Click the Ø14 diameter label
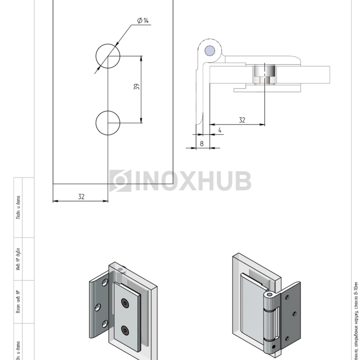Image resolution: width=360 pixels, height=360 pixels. click(x=142, y=21)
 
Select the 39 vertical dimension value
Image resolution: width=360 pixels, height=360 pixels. click(x=136, y=87)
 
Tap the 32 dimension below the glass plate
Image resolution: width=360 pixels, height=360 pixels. click(x=81, y=196)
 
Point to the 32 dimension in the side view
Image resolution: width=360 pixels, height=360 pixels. click(x=242, y=120)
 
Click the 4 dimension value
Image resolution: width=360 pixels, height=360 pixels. click(x=220, y=130)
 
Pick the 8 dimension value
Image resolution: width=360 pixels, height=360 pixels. click(x=201, y=143)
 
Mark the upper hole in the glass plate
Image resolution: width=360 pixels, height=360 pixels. click(x=108, y=56)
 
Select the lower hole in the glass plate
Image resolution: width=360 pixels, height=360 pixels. click(x=108, y=122)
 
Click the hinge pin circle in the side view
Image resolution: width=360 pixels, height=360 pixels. click(x=209, y=50)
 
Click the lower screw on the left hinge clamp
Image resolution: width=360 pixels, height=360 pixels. click(x=125, y=329)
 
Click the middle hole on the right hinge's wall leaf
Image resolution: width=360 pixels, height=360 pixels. click(x=294, y=313)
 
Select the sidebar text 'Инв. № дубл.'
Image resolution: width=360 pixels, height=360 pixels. click(x=17, y=259)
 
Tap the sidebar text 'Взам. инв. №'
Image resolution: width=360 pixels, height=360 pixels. click(x=17, y=302)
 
